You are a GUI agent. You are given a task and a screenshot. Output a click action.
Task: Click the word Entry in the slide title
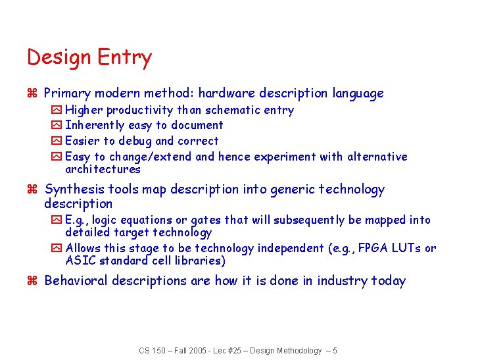coord(124,58)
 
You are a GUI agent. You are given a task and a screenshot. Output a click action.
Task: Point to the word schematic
coord(233,110)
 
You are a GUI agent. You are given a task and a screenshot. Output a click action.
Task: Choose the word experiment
coord(284,157)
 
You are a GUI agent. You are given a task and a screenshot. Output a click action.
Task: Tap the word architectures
coord(103,169)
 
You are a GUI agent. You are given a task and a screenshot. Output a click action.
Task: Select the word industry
coord(342,281)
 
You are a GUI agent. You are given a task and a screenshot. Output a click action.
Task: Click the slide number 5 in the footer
coord(335,351)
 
